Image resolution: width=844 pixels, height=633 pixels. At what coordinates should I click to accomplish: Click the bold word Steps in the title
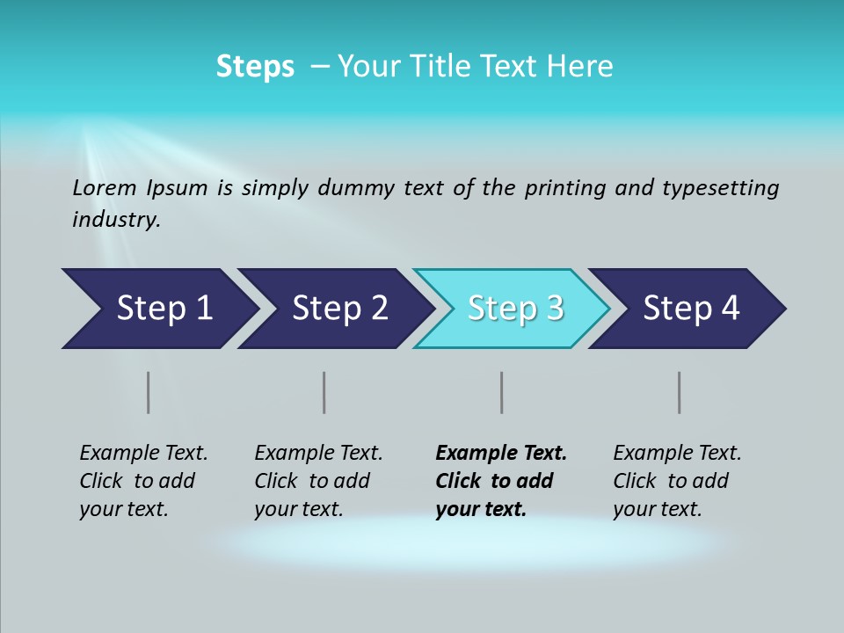click(x=255, y=67)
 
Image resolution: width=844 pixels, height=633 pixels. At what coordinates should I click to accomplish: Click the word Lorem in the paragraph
click(x=104, y=187)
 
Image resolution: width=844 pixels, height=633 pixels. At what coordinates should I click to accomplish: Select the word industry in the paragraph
click(x=116, y=220)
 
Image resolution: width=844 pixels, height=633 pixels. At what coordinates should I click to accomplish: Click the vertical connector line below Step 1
click(x=149, y=392)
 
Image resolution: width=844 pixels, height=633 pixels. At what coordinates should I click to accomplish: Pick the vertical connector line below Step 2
click(x=324, y=392)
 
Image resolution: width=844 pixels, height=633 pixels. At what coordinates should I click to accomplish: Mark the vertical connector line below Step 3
click(x=501, y=392)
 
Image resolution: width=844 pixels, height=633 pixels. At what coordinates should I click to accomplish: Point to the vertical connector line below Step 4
click(x=679, y=392)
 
